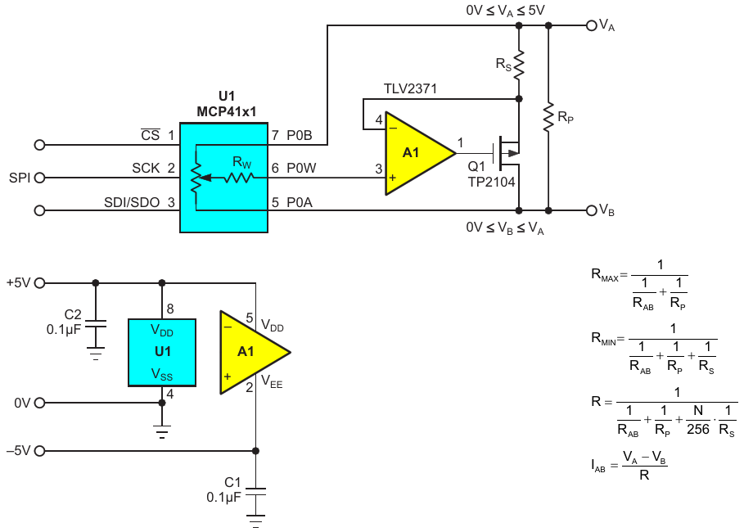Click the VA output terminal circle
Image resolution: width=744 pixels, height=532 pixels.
click(591, 25)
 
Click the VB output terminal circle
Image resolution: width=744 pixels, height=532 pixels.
click(591, 210)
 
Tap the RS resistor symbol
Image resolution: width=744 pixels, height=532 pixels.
click(519, 64)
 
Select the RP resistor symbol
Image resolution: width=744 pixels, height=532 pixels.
click(548, 117)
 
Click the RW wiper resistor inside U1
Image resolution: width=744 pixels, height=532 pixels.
click(239, 178)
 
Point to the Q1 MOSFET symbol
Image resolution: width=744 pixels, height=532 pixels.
click(507, 153)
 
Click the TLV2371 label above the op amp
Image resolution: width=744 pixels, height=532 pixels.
click(410, 88)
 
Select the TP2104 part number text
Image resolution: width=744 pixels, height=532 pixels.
click(492, 182)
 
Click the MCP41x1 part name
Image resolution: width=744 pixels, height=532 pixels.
click(227, 111)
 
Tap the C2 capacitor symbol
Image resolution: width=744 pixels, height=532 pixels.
click(96, 323)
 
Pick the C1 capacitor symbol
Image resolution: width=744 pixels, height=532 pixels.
click(255, 491)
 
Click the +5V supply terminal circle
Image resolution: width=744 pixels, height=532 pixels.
click(40, 283)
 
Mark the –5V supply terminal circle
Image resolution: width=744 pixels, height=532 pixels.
click(40, 451)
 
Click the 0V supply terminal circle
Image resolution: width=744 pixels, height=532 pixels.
click(40, 403)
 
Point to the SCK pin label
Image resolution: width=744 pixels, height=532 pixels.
click(146, 169)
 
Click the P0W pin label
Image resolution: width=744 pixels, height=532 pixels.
click(301, 168)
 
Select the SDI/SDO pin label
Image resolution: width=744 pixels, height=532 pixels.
click(132, 203)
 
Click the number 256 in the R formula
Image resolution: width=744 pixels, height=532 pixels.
click(698, 429)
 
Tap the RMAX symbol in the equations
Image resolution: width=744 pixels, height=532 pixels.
click(605, 275)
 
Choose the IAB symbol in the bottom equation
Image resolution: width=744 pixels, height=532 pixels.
click(598, 466)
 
